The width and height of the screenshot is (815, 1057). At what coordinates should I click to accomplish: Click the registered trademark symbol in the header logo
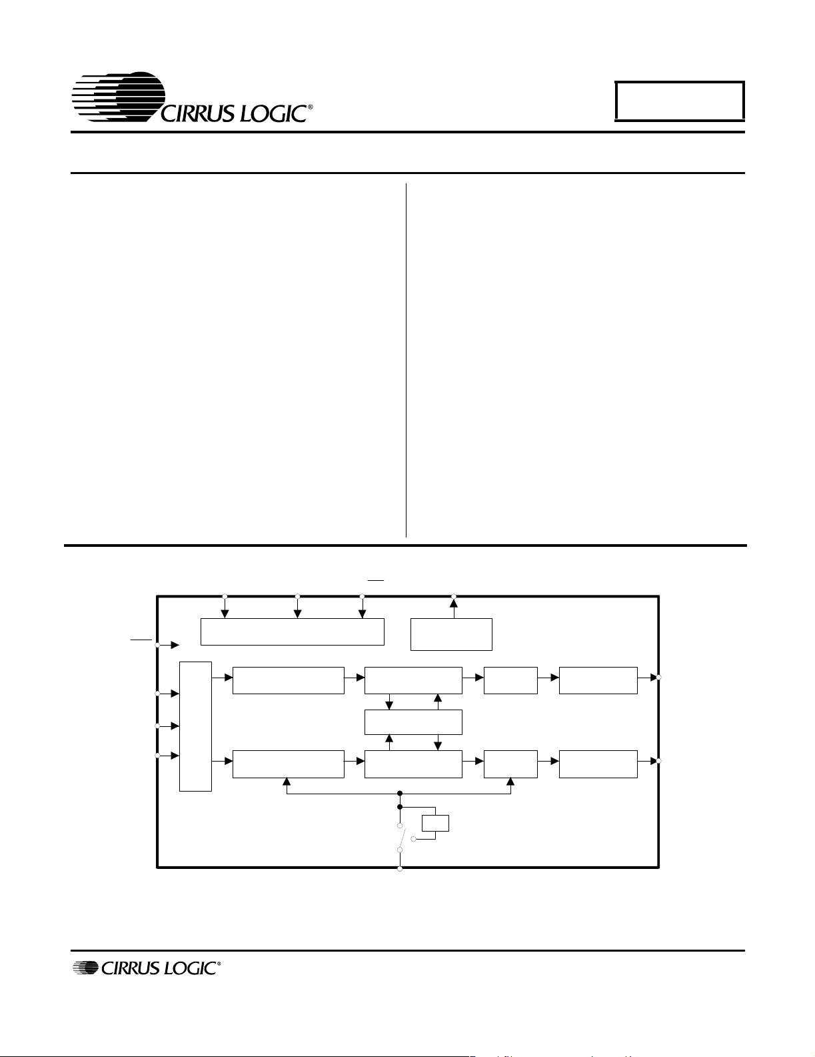coord(310,107)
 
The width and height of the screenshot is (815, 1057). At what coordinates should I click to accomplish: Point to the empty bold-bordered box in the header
coord(680,101)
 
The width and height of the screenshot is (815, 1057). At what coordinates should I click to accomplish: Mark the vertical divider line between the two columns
coord(406,360)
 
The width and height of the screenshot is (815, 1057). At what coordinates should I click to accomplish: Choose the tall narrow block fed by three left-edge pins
coord(195,726)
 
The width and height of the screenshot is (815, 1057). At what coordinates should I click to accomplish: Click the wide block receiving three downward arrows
coord(293,632)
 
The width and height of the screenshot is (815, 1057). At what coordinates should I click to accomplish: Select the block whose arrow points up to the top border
coord(451,634)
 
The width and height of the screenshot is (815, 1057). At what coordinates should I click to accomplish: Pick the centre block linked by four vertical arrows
coord(414,722)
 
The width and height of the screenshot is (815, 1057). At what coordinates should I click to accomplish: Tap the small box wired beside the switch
coord(435,823)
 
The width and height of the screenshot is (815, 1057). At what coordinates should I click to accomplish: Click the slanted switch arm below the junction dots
coord(403,837)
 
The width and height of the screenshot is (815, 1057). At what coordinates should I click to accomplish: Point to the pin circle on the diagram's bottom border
coord(400,869)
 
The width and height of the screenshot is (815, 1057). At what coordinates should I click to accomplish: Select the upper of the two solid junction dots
coord(400,794)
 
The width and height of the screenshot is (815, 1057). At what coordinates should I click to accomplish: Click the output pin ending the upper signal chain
coord(659,677)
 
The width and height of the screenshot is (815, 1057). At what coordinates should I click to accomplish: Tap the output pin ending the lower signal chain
coord(659,761)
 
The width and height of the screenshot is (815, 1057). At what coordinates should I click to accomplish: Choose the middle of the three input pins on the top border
coord(297,596)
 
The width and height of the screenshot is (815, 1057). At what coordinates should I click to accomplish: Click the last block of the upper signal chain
coord(598,680)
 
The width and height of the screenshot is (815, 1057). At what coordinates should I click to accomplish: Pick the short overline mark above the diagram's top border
coord(376,580)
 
